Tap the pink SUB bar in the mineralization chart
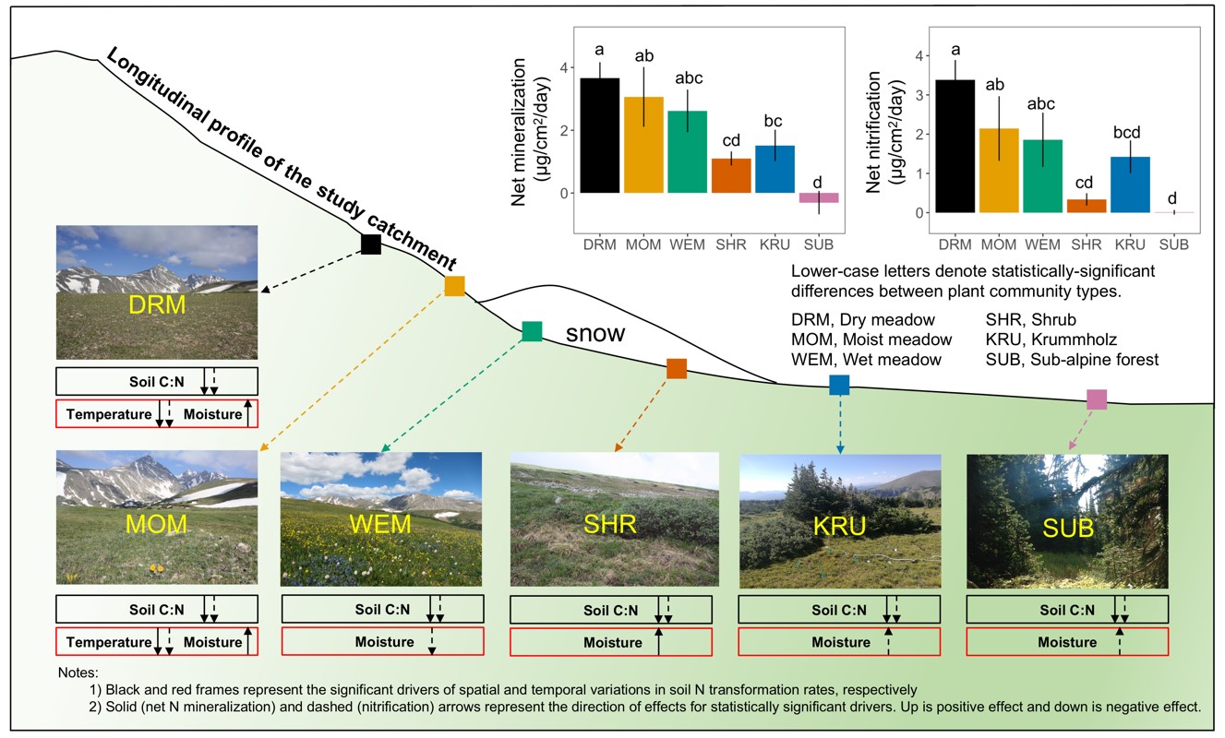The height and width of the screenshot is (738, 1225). click(x=818, y=197)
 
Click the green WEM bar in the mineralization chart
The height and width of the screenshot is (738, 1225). click(x=687, y=151)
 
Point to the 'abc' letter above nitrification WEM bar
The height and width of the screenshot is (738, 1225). click(x=1042, y=104)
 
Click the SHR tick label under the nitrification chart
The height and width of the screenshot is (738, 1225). click(x=1087, y=244)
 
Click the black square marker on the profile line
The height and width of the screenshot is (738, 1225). click(x=370, y=244)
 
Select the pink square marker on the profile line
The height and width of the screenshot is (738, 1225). click(x=1096, y=399)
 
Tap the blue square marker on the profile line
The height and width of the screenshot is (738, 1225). click(x=839, y=386)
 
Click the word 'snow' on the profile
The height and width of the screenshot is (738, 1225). click(x=596, y=334)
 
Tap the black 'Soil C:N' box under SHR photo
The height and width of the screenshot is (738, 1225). click(x=610, y=610)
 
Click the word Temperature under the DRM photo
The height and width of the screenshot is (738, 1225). click(x=108, y=414)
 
